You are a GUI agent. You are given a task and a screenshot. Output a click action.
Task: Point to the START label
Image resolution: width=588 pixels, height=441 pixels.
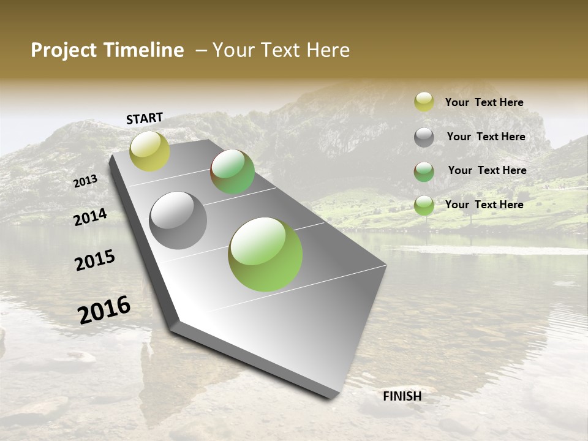pyautogui.click(x=145, y=118)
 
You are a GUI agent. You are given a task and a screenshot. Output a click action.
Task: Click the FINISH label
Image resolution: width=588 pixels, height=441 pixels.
pyautogui.click(x=402, y=396)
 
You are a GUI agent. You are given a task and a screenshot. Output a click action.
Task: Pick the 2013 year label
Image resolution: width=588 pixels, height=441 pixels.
pyautogui.click(x=85, y=181)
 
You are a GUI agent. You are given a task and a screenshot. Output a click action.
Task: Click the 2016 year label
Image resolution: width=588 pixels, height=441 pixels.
pyautogui.click(x=104, y=310)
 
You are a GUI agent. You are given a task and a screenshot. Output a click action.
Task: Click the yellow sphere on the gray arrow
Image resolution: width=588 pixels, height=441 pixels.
pyautogui.click(x=149, y=151)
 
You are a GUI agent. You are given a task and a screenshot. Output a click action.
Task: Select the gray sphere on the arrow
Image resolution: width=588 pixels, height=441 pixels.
pyautogui.click(x=178, y=221)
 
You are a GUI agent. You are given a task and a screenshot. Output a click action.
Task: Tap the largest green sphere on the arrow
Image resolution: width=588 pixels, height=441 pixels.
pyautogui.click(x=265, y=254)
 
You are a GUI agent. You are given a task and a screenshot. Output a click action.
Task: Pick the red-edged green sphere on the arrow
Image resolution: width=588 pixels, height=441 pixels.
pyautogui.click(x=233, y=171)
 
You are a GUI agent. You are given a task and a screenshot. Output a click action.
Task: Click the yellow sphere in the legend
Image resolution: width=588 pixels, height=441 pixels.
pyautogui.click(x=424, y=102)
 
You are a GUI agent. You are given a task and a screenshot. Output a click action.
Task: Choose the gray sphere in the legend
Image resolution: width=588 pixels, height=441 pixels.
pyautogui.click(x=424, y=137)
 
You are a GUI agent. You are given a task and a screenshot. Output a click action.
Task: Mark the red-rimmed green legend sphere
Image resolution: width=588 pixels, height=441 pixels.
pyautogui.click(x=424, y=171)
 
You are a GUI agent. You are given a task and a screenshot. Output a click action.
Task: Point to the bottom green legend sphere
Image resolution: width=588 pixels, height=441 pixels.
pyautogui.click(x=424, y=205)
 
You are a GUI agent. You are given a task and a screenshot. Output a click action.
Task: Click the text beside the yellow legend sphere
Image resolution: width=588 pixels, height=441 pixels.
pyautogui.click(x=484, y=103)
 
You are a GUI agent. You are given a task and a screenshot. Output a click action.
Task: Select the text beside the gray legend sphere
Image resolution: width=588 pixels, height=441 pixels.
pyautogui.click(x=486, y=137)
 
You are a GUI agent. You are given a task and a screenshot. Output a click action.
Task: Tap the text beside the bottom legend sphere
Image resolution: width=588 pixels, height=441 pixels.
pyautogui.click(x=484, y=205)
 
